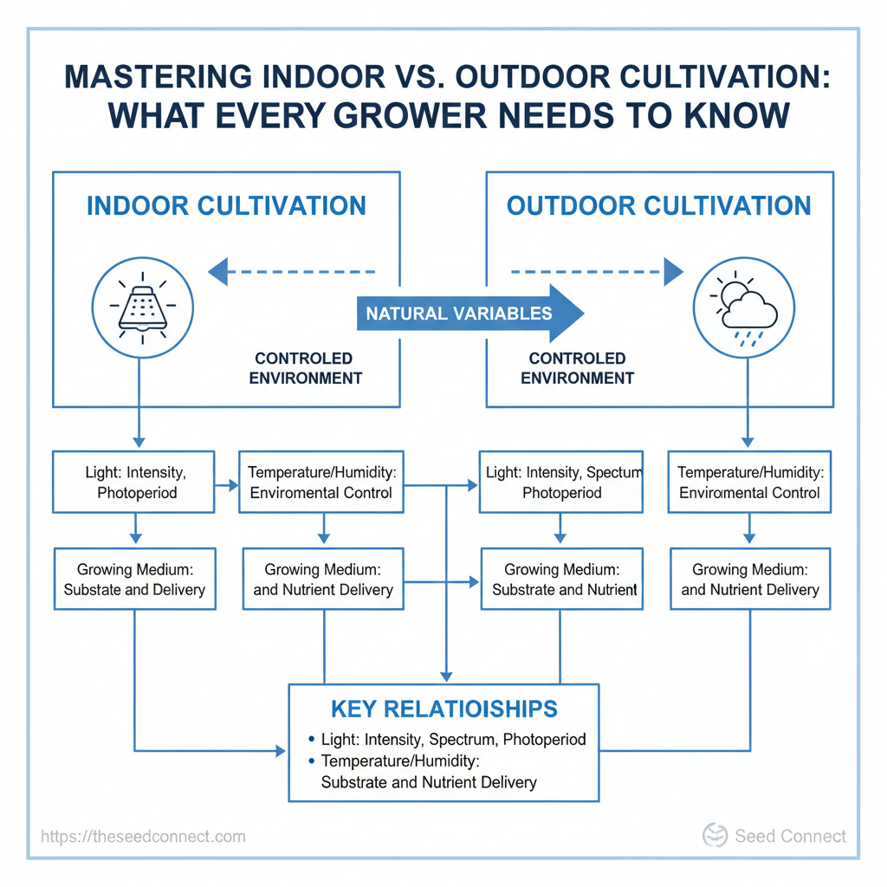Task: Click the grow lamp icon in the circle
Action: (143, 308)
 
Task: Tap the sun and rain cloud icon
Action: (743, 309)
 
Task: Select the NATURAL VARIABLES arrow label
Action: (459, 314)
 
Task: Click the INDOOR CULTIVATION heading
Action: (226, 206)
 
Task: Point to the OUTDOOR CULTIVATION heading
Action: (659, 206)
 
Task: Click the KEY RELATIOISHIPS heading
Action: (444, 709)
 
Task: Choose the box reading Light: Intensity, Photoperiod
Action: (133, 482)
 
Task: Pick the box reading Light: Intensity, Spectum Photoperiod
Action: (561, 482)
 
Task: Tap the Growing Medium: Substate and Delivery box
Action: (134, 579)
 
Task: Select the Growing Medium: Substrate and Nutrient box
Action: (561, 579)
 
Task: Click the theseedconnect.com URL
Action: (143, 836)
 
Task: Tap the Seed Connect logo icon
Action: (715, 835)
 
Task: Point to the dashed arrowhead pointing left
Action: (217, 271)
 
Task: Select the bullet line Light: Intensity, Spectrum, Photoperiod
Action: (447, 740)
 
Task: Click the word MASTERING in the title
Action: (158, 77)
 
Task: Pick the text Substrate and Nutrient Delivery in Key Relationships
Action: (429, 782)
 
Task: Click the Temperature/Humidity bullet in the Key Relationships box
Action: (394, 761)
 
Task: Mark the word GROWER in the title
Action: (410, 116)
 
